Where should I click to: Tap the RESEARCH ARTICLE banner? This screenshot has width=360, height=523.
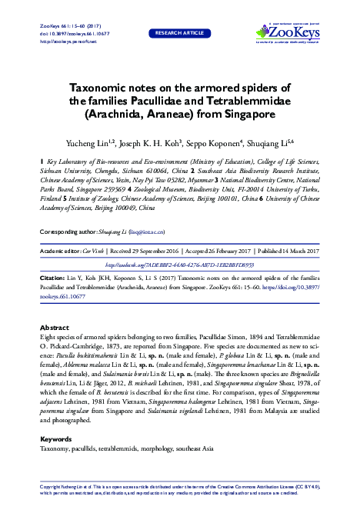(179, 33)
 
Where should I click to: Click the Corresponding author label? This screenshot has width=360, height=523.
(75, 230)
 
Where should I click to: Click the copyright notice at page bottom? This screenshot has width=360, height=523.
(179, 489)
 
